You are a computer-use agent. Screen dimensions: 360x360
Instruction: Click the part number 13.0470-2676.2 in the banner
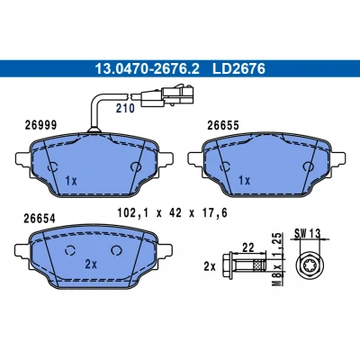(147, 68)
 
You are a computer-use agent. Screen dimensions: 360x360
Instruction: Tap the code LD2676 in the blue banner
(238, 68)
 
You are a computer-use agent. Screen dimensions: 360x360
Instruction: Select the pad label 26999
(40, 125)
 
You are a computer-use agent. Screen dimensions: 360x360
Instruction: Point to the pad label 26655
(223, 125)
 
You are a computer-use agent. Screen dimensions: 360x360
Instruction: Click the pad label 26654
(40, 219)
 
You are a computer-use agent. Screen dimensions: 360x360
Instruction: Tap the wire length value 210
(125, 108)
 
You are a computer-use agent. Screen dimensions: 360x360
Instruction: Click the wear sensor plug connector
(167, 95)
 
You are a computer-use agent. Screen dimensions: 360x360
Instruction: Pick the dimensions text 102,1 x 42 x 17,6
(172, 213)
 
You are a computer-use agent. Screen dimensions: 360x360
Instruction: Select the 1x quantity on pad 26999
(71, 181)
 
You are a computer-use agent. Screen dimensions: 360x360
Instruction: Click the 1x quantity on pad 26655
(245, 181)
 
